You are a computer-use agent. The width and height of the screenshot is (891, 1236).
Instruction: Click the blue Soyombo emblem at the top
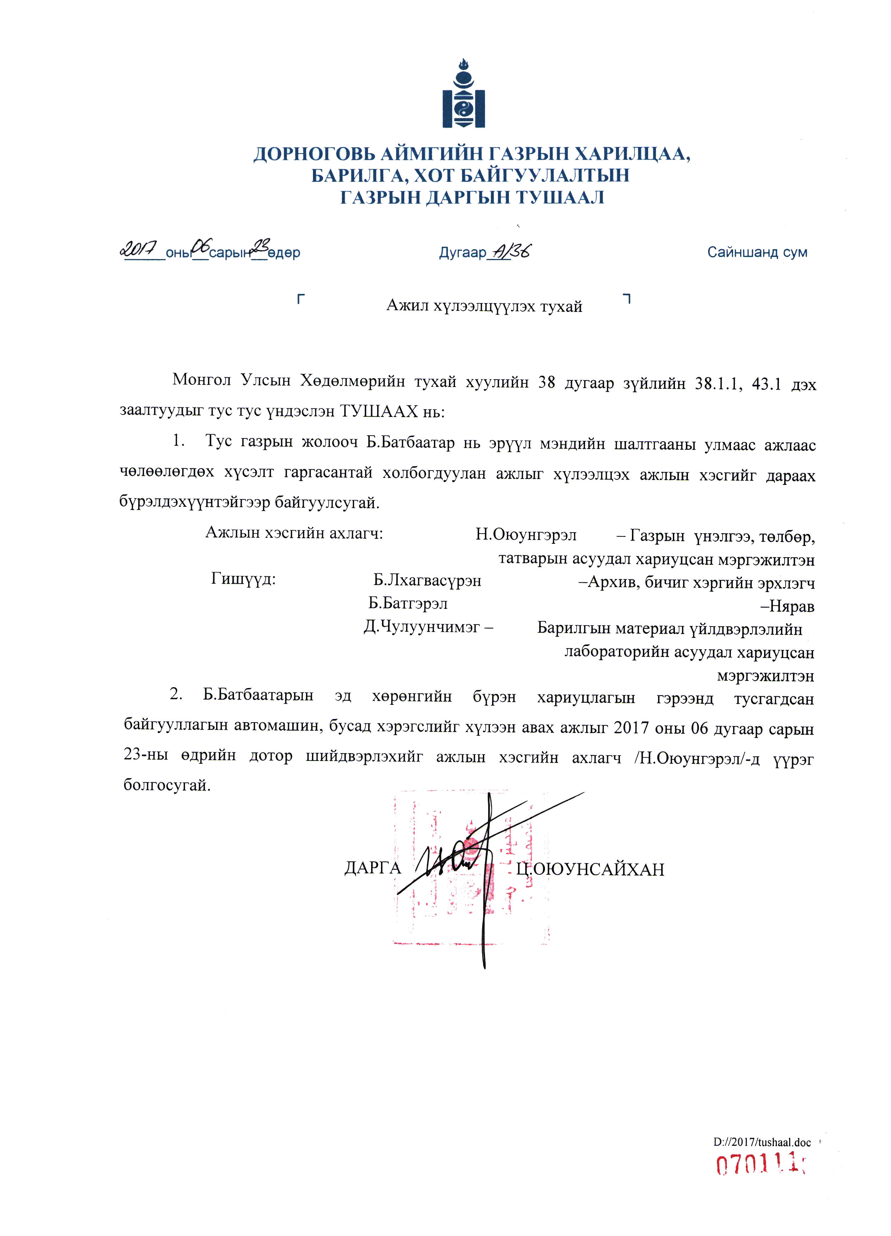coord(463,94)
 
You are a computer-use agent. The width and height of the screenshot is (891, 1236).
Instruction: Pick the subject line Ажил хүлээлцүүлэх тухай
coord(484,306)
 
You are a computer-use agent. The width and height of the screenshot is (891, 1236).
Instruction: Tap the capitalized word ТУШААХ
coord(379,411)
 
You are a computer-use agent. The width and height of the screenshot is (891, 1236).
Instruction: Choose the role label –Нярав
coord(787,605)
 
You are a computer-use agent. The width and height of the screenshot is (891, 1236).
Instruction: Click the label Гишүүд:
coord(243,579)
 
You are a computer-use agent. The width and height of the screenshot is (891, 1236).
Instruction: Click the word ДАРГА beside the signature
coord(372,868)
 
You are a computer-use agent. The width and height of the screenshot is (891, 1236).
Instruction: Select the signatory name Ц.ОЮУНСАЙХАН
coord(590,869)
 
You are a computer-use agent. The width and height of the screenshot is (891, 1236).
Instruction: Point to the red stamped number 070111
coord(760,1166)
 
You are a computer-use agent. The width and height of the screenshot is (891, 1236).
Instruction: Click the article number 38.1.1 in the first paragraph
coord(718,384)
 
